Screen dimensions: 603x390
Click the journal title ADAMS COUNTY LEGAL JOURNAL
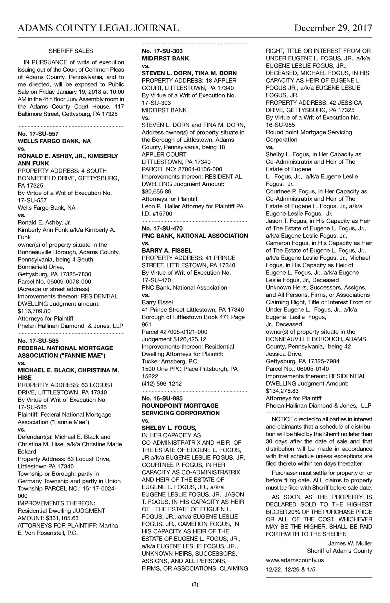(x=98, y=28)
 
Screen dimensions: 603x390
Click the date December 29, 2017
(x=333, y=28)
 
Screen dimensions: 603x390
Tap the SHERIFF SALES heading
(x=71, y=51)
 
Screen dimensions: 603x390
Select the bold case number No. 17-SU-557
(x=38, y=134)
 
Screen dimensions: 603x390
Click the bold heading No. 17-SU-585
(x=38, y=341)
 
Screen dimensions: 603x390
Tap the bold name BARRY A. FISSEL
(x=167, y=251)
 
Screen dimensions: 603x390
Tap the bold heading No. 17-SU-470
(x=162, y=229)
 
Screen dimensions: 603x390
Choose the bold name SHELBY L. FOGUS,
(x=169, y=428)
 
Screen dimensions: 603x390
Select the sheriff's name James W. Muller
(x=350, y=544)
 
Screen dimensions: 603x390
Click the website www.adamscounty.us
(x=295, y=560)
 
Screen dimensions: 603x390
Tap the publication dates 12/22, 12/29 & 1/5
(x=291, y=569)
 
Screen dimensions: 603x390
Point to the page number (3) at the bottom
(x=195, y=584)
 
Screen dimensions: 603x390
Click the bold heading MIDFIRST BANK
(x=165, y=59)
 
